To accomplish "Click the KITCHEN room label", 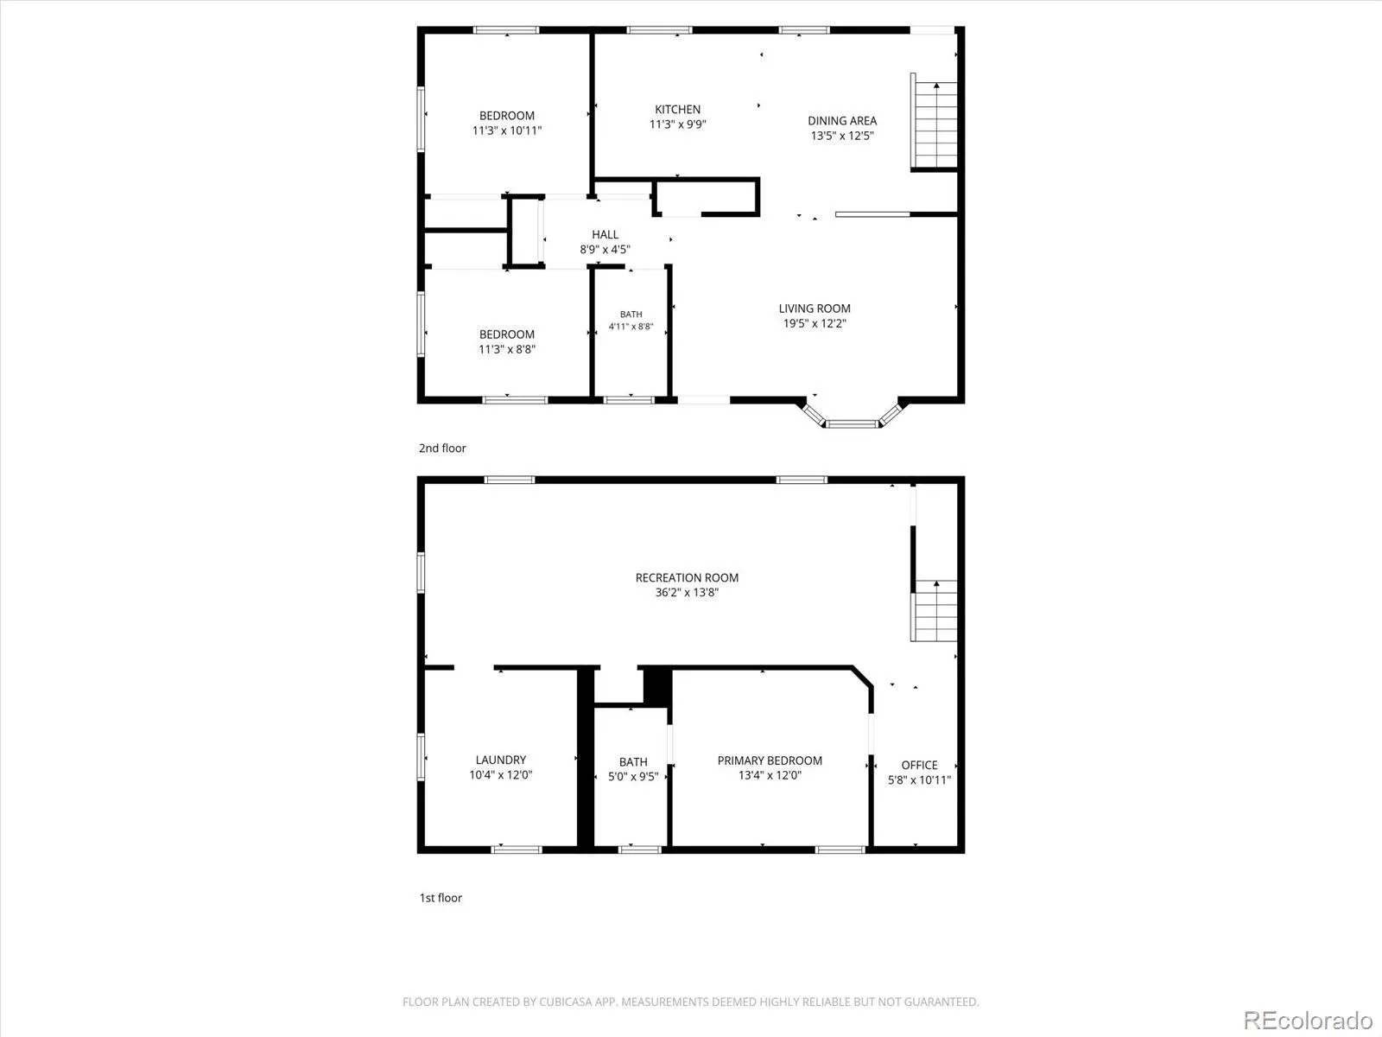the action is point(677,110).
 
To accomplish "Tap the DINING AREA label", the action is point(842,121).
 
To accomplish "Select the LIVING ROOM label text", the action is point(815,309).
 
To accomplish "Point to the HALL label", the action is point(605,234).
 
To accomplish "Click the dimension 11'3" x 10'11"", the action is point(507,131).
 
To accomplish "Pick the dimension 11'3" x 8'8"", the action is point(507,349).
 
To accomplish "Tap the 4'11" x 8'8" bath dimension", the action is point(631,326).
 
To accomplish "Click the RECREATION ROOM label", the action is point(687,577).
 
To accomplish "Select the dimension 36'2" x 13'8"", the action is point(687,593).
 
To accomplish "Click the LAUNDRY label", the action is point(500,760).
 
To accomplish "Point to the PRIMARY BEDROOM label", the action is point(770,760).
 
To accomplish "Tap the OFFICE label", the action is point(919,765).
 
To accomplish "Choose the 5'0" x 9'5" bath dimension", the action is point(633,777).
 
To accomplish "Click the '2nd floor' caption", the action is point(442,449).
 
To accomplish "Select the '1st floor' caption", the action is point(441,898).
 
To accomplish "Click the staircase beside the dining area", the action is point(935,124).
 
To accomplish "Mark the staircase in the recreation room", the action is point(935,611).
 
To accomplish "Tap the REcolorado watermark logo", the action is point(1308,1020).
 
